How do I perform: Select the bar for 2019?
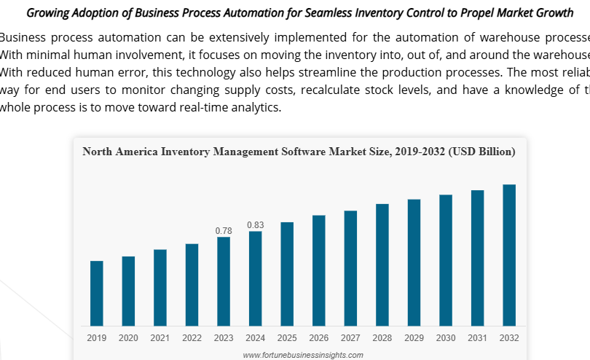click(96, 293)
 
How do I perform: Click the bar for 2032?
click(509, 255)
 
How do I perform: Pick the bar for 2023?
click(224, 281)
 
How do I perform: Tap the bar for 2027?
click(350, 268)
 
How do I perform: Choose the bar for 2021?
click(160, 287)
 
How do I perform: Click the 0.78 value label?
click(224, 231)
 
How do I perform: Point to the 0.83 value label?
click(255, 225)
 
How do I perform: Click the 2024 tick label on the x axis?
click(255, 338)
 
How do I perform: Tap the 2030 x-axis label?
click(446, 338)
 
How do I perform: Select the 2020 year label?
click(128, 338)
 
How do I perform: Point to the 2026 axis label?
click(318, 338)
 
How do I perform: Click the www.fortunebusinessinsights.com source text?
click(302, 355)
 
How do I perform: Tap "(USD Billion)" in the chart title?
click(482, 152)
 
